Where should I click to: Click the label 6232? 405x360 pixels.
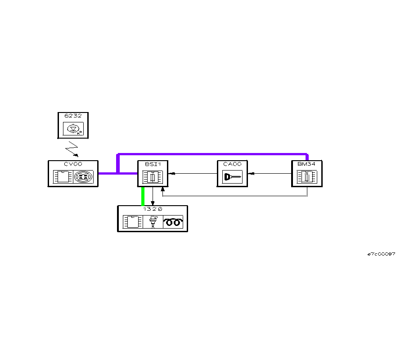pos(73,116)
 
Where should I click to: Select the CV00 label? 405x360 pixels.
pos(73,164)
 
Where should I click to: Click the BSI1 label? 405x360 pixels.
pos(153,164)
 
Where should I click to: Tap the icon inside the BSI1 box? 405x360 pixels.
pos(153,176)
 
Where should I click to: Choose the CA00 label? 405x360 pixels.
pos(232,164)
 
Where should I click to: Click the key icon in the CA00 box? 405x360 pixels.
pos(232,176)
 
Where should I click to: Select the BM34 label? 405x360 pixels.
pos(307,164)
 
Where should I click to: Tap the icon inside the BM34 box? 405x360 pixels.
pos(307,176)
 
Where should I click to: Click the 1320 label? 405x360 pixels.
pos(153,209)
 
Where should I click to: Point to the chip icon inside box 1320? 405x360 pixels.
pos(133,222)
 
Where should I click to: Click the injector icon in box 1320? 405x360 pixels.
pos(153,222)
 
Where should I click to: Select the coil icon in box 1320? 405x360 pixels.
pos(173,222)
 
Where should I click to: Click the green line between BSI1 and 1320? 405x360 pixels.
pos(143,196)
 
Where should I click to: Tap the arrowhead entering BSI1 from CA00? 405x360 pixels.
pos(171,173)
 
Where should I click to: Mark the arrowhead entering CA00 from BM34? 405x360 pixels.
pos(251,173)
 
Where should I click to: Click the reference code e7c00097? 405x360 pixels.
pos(382,254)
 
